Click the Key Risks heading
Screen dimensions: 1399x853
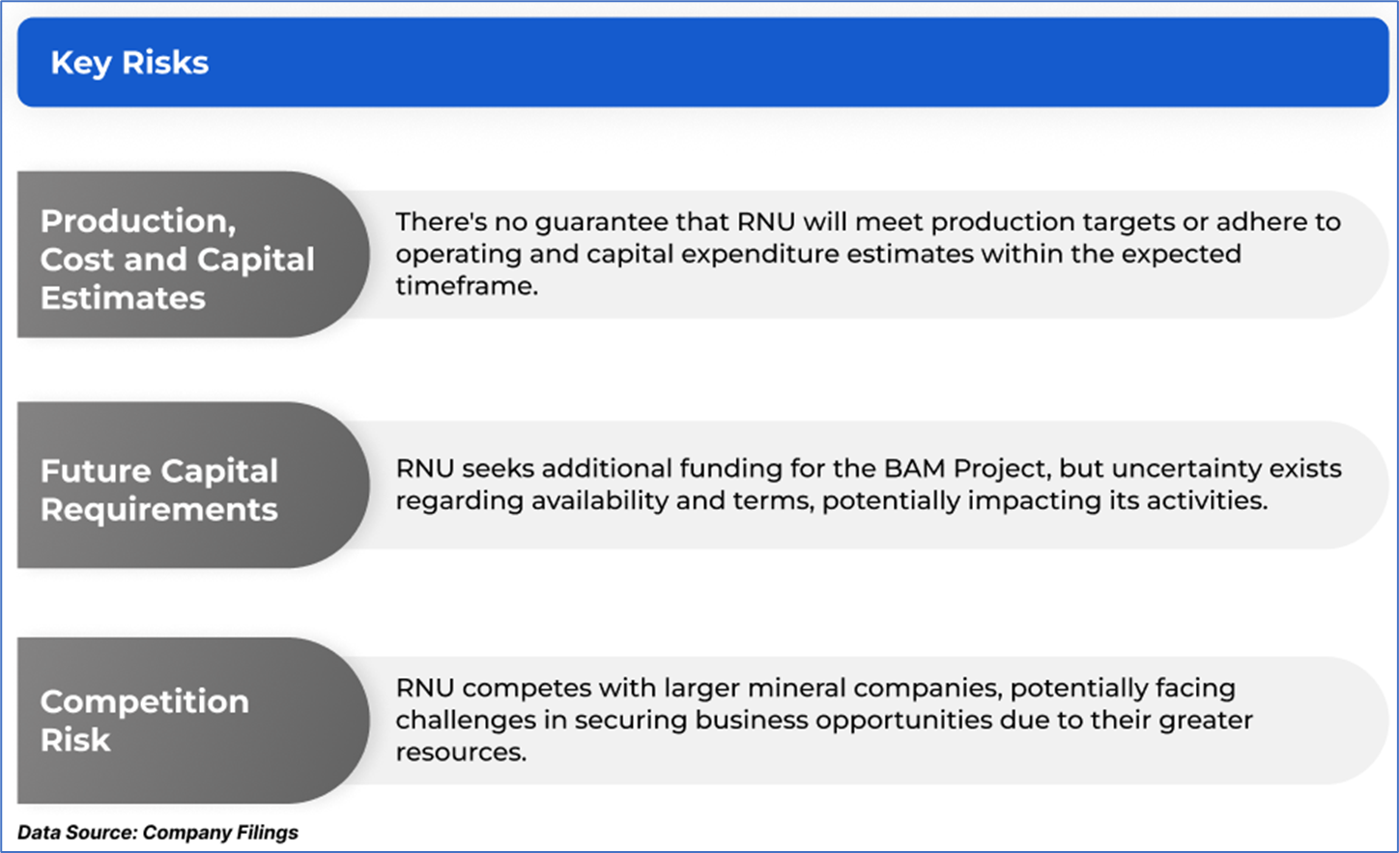pyautogui.click(x=129, y=63)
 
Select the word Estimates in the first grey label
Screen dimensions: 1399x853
pyautogui.click(x=123, y=298)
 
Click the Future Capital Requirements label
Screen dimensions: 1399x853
pyautogui.click(x=159, y=490)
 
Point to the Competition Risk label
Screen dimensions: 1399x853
pyautogui.click(x=144, y=721)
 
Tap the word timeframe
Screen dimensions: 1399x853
pyautogui.click(x=467, y=286)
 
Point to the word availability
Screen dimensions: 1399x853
pyautogui.click(x=600, y=500)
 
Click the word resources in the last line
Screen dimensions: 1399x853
pyautogui.click(x=461, y=753)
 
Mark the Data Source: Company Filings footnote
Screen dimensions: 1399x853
pyautogui.click(x=158, y=833)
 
